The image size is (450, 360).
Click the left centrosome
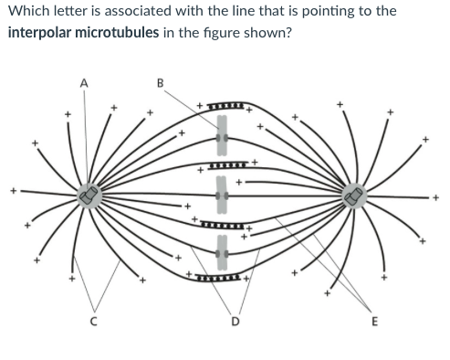tap(89, 194)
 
